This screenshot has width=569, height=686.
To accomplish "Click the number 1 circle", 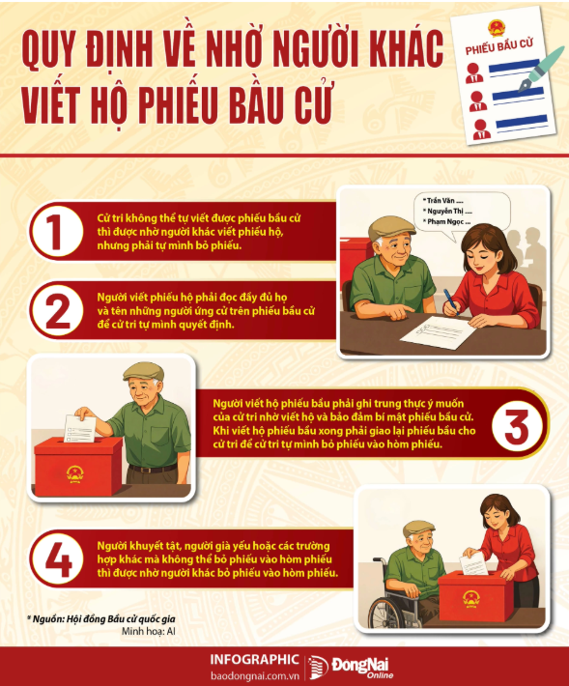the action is click(x=57, y=231).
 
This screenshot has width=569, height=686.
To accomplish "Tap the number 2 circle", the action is click(x=57, y=310).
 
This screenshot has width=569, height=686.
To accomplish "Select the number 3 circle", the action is click(x=517, y=424).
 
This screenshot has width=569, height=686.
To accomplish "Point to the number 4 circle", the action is click(x=57, y=558).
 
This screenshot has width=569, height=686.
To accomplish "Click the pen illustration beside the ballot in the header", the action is click(x=541, y=70).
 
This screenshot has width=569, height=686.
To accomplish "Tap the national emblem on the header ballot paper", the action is click(x=497, y=29).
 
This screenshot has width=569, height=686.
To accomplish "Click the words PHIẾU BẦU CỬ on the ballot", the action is click(x=499, y=46).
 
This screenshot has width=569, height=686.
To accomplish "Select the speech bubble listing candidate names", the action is click(x=462, y=214).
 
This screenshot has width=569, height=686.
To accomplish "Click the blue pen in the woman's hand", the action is click(x=451, y=301).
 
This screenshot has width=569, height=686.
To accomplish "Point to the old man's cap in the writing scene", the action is click(x=391, y=227).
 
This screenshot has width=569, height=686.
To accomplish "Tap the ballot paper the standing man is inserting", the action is click(x=80, y=428).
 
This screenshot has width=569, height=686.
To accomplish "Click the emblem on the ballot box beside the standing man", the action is click(x=74, y=474).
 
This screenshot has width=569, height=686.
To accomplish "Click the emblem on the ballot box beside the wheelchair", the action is click(x=470, y=599).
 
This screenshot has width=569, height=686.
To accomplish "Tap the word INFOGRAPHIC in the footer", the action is click(x=254, y=660).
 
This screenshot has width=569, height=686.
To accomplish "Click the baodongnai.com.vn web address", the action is click(x=255, y=675).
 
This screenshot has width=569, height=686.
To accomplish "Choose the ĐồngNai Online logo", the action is click(x=351, y=668).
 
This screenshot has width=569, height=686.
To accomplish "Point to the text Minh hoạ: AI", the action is click(x=149, y=631).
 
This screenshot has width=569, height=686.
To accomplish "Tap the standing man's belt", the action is click(x=153, y=470).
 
